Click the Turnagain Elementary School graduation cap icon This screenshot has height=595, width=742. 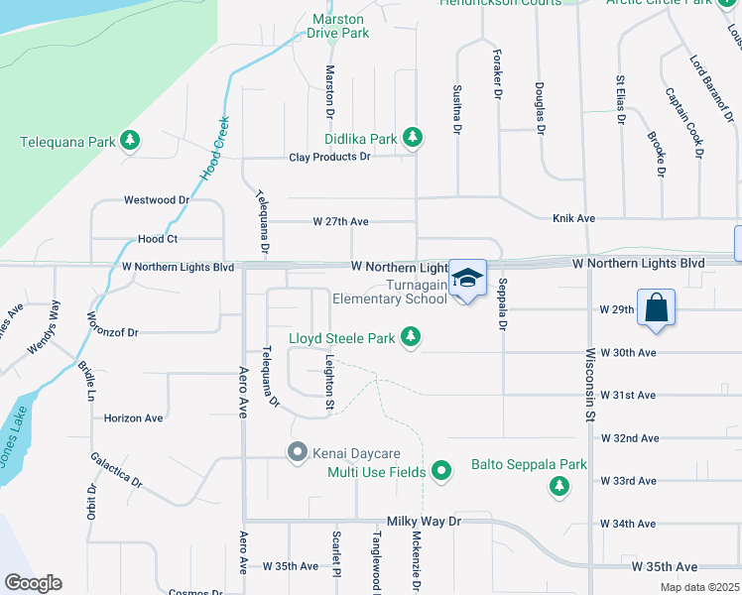468,278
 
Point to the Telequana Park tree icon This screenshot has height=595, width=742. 129,141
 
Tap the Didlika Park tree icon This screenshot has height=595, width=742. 413,139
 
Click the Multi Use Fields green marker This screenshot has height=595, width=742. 442,472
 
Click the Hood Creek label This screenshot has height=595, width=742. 215,148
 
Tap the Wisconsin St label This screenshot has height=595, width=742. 588,384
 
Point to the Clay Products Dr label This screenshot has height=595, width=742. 329,157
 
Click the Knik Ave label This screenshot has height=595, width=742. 573,218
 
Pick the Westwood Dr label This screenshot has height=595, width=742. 156,199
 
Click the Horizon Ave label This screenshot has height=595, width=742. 133,418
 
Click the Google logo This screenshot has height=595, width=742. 33,583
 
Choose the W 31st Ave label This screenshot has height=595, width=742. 628,395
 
